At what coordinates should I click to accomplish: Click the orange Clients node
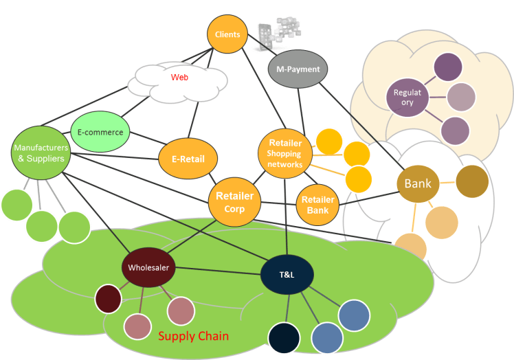[x=227, y=34]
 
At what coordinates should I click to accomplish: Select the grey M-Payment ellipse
[x=294, y=70]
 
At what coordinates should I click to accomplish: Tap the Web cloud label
[x=179, y=78]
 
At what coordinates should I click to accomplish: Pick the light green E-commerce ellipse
[x=101, y=132]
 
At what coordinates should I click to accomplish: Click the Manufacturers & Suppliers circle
[x=41, y=152]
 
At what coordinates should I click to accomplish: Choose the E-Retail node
[x=188, y=159]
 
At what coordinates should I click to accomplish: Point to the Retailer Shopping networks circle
[x=284, y=154]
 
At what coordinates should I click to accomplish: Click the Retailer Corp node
[x=234, y=201]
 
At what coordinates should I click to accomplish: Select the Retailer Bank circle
[x=318, y=205]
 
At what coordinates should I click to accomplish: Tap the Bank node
[x=418, y=184]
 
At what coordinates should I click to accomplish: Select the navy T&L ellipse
[x=287, y=275]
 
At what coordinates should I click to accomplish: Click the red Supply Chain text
[x=194, y=337]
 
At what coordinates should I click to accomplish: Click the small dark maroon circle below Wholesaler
[x=108, y=298]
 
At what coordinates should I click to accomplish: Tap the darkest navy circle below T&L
[x=284, y=338]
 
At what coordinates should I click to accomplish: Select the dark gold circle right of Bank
[x=472, y=181]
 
